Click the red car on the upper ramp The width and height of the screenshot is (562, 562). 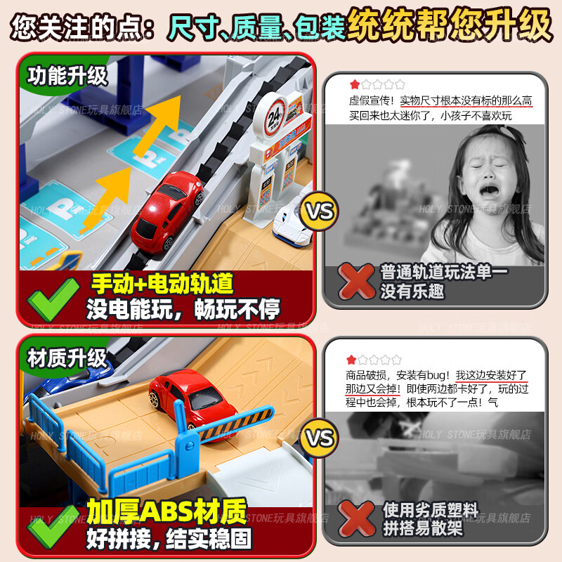tap(166, 208)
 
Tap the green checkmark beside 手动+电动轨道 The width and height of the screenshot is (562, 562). tap(53, 297)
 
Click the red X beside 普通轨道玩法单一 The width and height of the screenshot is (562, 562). tap(358, 282)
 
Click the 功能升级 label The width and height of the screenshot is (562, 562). tap(68, 75)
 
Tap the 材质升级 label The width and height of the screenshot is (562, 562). tap(68, 358)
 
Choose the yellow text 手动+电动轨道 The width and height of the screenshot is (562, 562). tap(162, 284)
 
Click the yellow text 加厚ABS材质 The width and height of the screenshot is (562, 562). tap(166, 513)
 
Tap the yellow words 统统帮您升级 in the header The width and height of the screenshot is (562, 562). tap(450, 25)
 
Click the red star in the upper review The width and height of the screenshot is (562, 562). tap(355, 84)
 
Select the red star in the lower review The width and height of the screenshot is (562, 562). tap(352, 360)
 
